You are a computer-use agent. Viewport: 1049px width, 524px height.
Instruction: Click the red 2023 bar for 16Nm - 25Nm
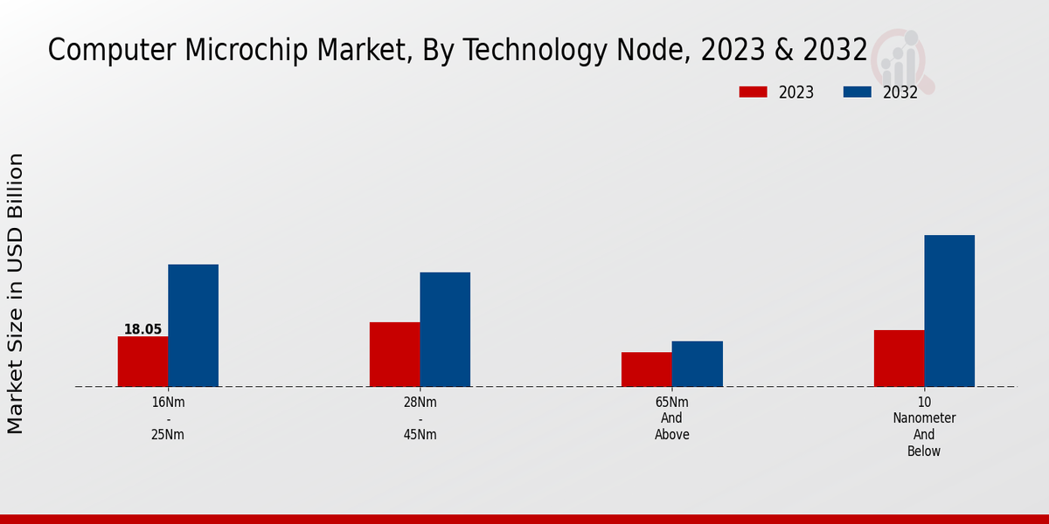142,362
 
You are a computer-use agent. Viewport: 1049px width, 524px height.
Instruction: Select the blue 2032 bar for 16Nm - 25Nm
193,325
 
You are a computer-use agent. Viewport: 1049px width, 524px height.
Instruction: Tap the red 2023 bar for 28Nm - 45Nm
394,354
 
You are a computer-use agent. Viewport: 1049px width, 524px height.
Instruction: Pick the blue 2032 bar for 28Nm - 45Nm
445,329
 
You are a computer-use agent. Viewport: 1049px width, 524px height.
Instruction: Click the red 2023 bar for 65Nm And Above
647,369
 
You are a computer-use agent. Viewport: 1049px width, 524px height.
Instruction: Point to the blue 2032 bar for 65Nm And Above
698,363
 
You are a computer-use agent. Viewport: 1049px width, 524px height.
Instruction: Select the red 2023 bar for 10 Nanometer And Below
899,358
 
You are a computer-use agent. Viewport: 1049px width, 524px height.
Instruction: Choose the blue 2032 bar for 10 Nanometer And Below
949,310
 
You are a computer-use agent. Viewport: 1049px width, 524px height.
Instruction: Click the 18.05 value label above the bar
142,329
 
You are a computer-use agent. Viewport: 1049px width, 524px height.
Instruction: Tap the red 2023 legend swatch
753,92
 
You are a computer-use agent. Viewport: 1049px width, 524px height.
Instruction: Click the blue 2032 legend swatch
857,92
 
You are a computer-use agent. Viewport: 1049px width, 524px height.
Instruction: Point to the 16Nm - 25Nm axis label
168,418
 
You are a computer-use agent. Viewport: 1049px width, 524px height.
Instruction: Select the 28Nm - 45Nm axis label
420,418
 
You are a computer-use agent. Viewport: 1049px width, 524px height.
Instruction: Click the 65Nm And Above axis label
672,418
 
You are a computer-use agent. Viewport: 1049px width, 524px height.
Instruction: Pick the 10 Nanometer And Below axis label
924,426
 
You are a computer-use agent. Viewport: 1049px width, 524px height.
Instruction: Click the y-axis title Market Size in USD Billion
16,293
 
